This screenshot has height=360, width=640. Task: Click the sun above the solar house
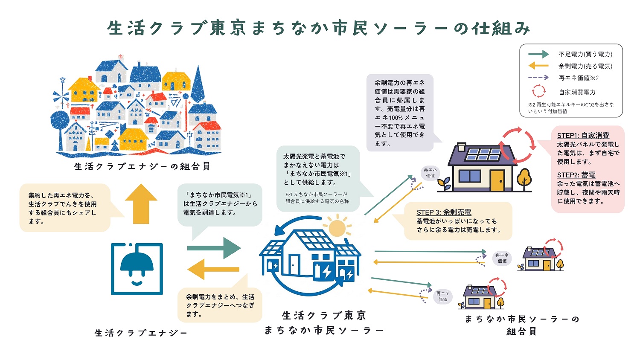point(337,228)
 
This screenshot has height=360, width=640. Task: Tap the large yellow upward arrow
point(141,204)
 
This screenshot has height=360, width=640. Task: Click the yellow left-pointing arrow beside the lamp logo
point(213,269)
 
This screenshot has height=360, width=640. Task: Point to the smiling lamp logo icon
point(137,269)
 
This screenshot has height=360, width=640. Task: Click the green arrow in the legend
point(538,54)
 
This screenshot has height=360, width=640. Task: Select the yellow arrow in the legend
point(538,66)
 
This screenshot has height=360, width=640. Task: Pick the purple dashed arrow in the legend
point(538,78)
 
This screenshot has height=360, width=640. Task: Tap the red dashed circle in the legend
point(538,91)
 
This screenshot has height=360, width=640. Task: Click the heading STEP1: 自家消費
point(583,135)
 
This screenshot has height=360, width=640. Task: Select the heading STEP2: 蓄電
point(576,175)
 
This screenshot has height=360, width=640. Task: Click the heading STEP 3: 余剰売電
point(444,212)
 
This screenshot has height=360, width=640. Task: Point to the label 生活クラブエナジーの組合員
point(142,166)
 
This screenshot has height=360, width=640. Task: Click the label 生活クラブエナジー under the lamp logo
point(141,333)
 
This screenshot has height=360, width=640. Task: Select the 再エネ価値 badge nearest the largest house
point(430,173)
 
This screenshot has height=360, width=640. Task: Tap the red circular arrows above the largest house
point(518,145)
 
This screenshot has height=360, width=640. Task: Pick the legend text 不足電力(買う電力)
point(585,54)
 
